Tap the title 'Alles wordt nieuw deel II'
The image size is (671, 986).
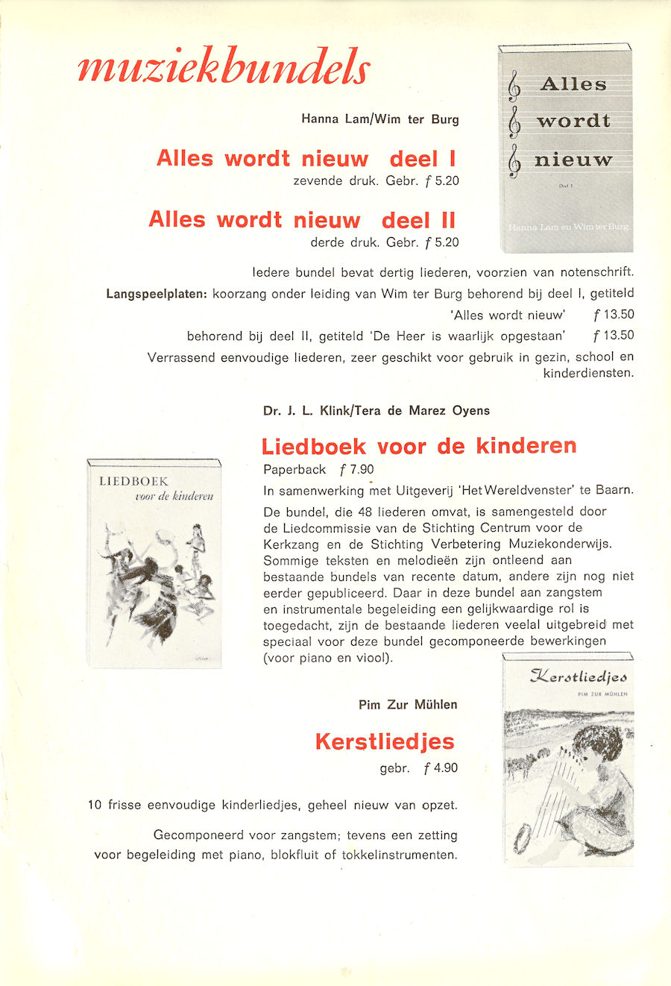pyautogui.click(x=302, y=220)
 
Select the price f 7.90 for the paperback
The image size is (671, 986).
pyautogui.click(x=356, y=470)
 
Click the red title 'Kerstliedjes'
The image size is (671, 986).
pyautogui.click(x=385, y=742)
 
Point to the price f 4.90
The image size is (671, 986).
pyautogui.click(x=441, y=768)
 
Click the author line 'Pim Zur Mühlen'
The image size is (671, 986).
pyautogui.click(x=408, y=705)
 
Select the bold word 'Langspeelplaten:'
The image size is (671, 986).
pyautogui.click(x=156, y=294)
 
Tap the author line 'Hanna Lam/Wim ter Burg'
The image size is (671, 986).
pyautogui.click(x=380, y=119)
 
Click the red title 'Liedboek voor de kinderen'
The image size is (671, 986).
pyautogui.click(x=419, y=447)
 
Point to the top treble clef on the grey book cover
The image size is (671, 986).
pyautogui.click(x=514, y=87)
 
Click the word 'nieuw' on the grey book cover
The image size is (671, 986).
pyautogui.click(x=573, y=160)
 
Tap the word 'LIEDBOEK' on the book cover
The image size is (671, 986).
pyautogui.click(x=133, y=482)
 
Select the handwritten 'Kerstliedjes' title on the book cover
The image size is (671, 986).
pyautogui.click(x=579, y=677)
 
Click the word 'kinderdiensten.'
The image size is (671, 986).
pyautogui.click(x=588, y=373)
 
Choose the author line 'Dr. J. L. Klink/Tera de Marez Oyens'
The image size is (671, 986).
pyautogui.click(x=377, y=411)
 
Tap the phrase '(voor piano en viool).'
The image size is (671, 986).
pyautogui.click(x=328, y=658)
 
